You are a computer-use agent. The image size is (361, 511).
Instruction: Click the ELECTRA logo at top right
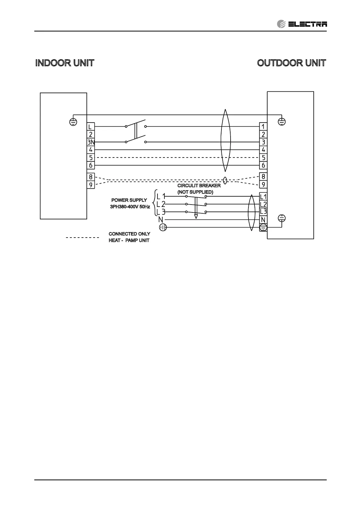(302, 24)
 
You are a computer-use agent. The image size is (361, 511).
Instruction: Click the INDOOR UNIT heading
(65, 63)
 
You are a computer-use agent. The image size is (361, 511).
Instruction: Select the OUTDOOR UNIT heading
(291, 63)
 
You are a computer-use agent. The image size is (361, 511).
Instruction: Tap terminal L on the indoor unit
(90, 127)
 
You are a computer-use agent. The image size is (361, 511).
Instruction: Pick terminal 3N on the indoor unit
(91, 142)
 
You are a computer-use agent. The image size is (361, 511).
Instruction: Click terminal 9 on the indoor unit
(91, 184)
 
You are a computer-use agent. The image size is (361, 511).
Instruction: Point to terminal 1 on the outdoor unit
(263, 127)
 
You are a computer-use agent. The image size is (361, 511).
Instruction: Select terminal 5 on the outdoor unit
(263, 157)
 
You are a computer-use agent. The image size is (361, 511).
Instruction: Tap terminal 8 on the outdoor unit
(263, 177)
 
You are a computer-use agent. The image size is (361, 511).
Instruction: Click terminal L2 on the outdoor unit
(263, 204)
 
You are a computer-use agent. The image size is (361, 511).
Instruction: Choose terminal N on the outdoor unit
(263, 220)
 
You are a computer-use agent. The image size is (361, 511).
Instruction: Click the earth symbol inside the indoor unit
(73, 122)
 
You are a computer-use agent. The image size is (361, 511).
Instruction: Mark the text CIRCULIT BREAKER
(199, 185)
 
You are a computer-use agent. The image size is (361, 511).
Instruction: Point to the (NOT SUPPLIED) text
(195, 192)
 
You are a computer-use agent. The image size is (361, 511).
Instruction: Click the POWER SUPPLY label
(129, 200)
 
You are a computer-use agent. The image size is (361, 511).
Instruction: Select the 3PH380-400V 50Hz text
(130, 207)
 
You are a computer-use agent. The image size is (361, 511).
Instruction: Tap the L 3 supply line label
(161, 212)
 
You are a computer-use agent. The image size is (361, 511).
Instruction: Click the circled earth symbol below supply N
(163, 227)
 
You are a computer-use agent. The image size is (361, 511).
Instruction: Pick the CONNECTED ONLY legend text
(129, 234)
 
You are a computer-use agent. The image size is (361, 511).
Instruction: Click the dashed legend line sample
(83, 237)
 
